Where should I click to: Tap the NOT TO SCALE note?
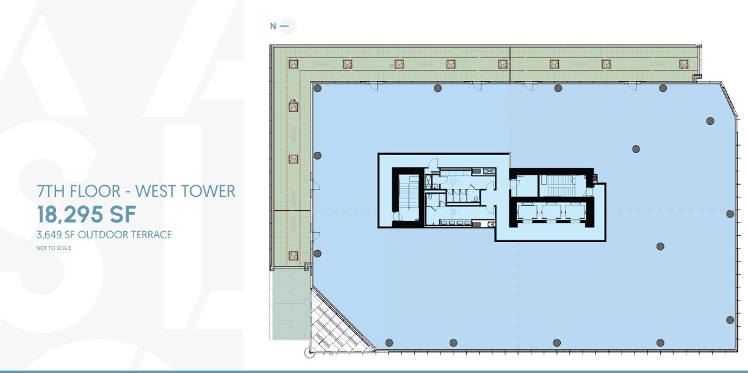[54, 248]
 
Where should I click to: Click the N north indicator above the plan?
[273, 26]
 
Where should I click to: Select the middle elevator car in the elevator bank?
[552, 212]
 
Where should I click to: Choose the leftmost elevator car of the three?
[528, 212]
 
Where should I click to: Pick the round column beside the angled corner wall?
[710, 121]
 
